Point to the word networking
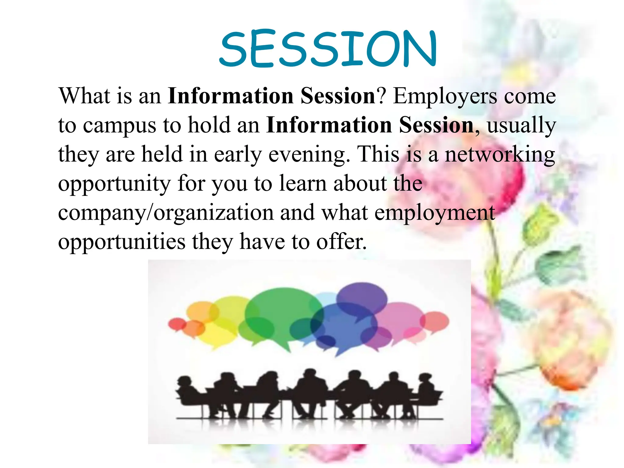click(500, 155)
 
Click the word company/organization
click(166, 213)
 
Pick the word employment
click(434, 213)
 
